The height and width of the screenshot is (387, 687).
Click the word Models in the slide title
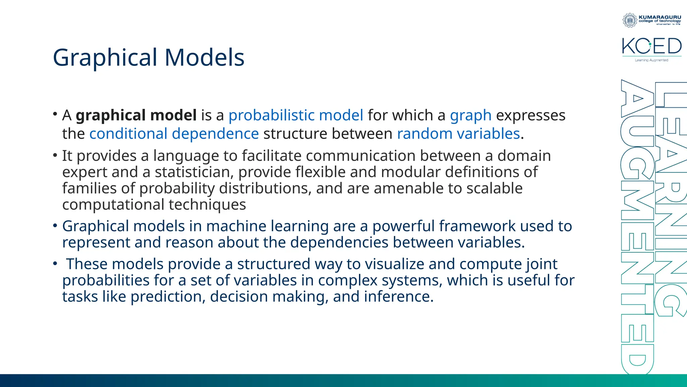(x=204, y=58)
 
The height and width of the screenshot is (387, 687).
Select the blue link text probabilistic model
(x=296, y=116)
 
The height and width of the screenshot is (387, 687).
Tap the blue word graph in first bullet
(x=470, y=116)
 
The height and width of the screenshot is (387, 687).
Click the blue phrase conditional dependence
(x=174, y=134)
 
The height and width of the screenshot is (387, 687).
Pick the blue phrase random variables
(x=458, y=134)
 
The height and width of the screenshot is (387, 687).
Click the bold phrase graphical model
(x=136, y=116)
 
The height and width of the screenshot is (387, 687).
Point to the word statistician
(x=194, y=172)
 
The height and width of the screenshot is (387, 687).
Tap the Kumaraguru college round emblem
(x=630, y=20)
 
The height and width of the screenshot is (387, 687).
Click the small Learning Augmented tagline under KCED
(x=651, y=60)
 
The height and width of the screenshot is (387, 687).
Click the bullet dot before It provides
(x=55, y=155)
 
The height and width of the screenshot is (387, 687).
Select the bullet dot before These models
(x=55, y=264)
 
